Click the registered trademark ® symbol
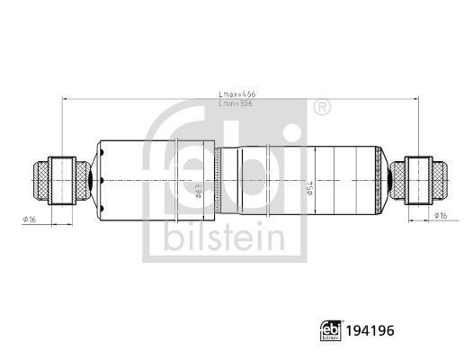point(319,108)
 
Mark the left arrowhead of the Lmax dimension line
point(64,100)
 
